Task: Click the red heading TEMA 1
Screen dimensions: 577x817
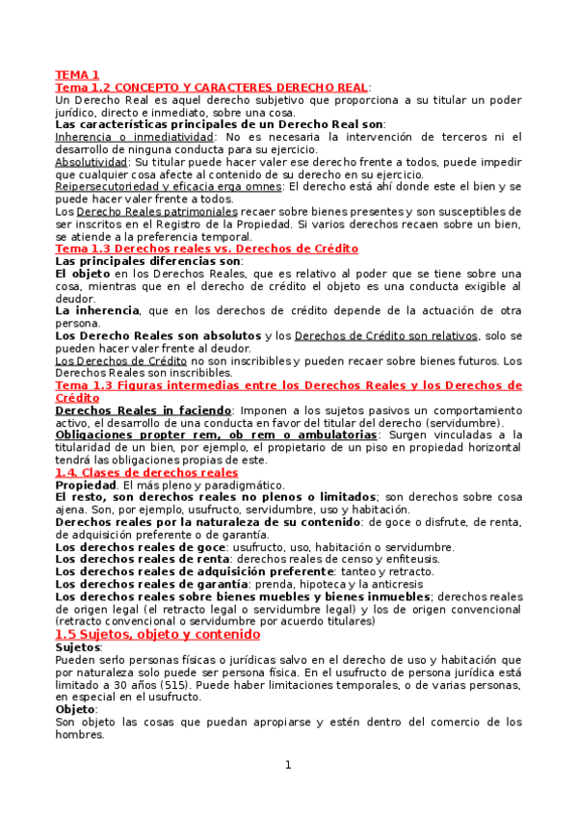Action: click(77, 74)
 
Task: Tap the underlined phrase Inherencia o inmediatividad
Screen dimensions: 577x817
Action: click(134, 137)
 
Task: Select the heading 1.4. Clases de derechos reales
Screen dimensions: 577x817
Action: click(145, 472)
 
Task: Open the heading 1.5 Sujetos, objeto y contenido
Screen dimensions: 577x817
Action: click(157, 635)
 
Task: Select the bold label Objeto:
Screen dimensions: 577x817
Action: click(76, 708)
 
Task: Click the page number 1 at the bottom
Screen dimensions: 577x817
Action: click(287, 765)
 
